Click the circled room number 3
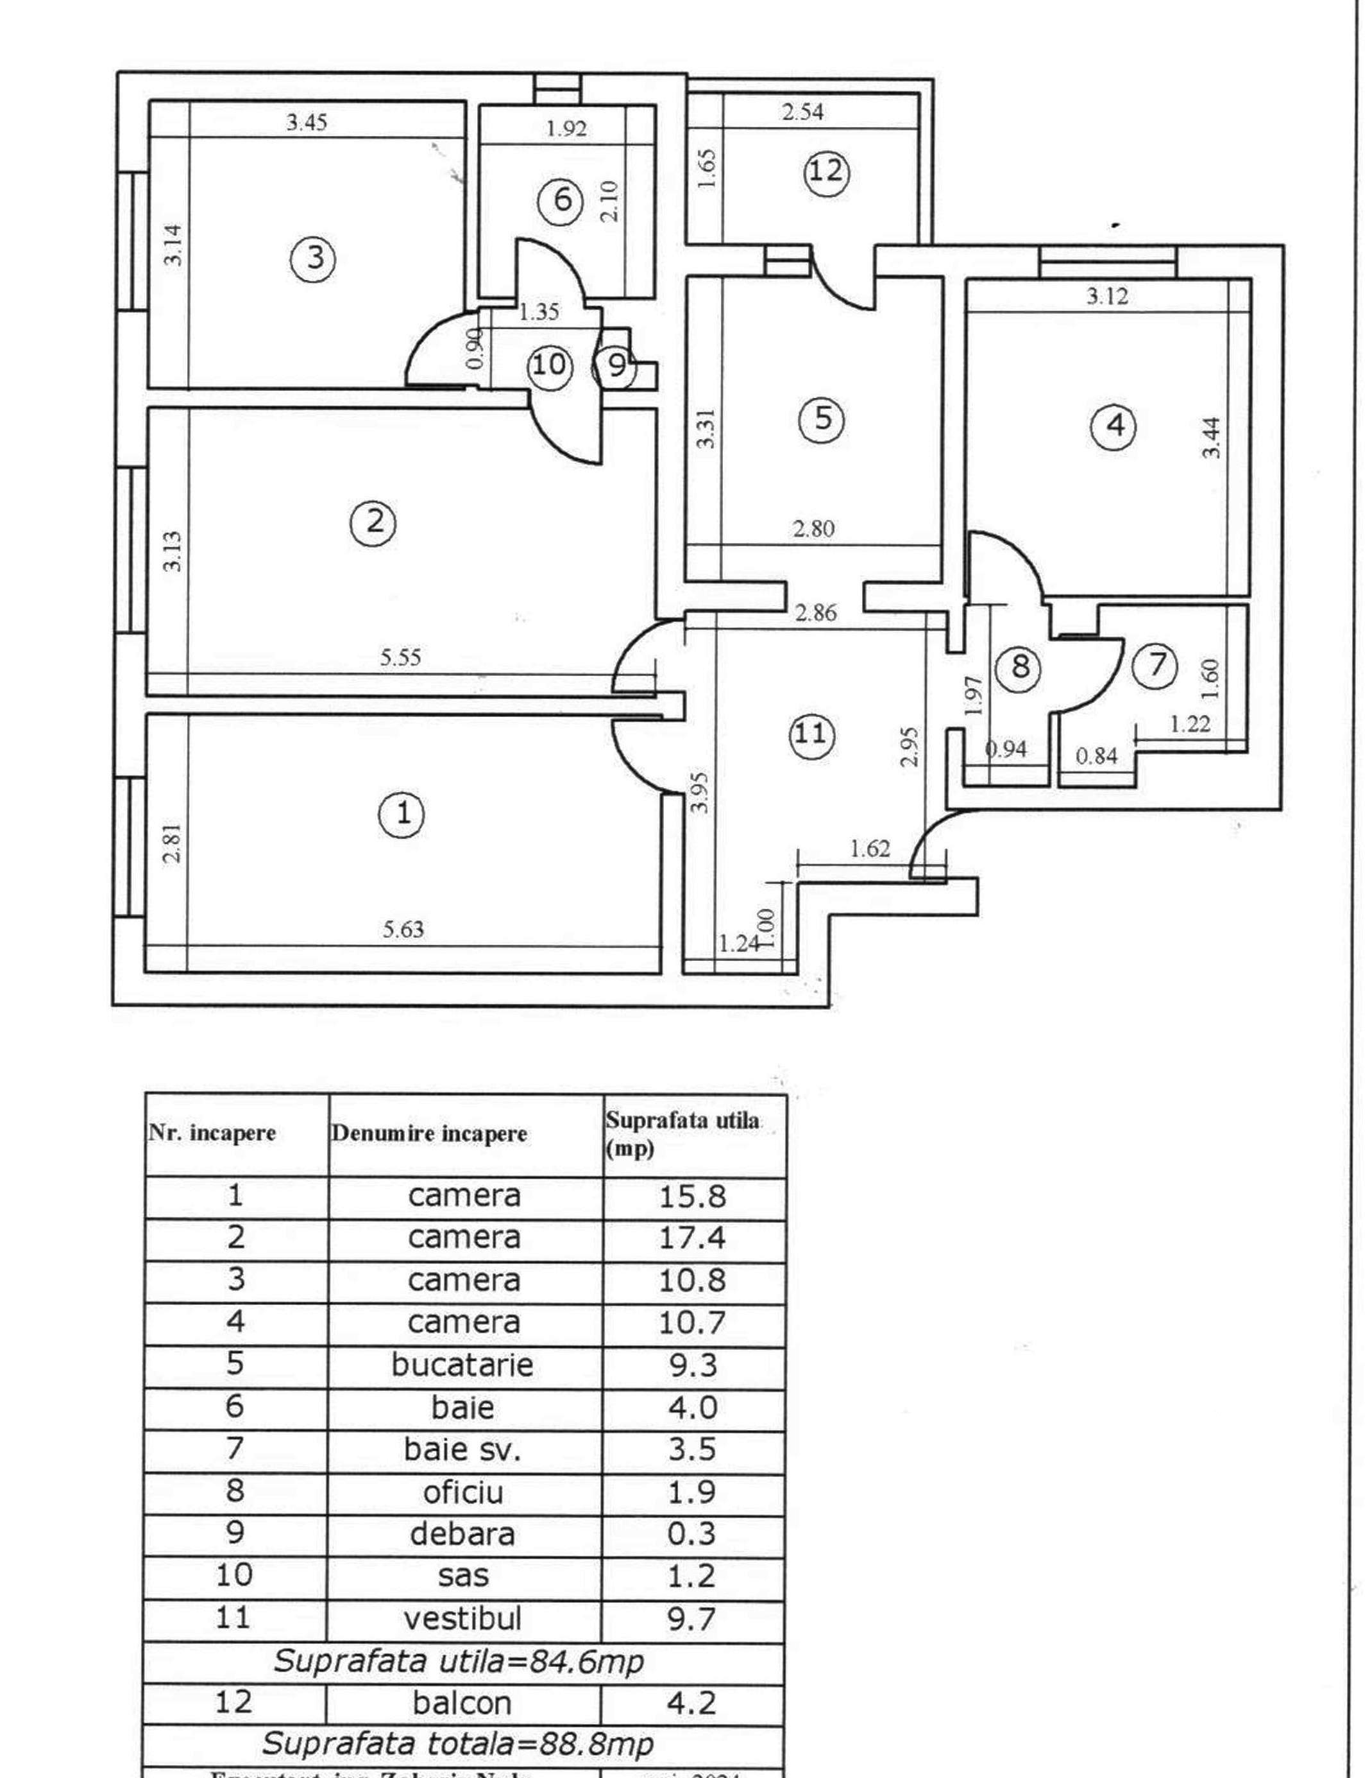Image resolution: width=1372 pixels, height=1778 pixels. (x=314, y=258)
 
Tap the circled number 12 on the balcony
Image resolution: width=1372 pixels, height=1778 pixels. (x=827, y=172)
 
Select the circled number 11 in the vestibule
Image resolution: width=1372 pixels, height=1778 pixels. (x=811, y=734)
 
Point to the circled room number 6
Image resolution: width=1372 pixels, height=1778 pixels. (x=563, y=200)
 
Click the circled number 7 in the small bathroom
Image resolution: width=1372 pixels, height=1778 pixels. (x=1156, y=664)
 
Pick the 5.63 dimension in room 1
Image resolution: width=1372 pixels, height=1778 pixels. (x=403, y=928)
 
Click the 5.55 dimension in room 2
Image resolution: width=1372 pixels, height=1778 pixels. (x=400, y=657)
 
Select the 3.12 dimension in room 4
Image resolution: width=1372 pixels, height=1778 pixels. (x=1108, y=297)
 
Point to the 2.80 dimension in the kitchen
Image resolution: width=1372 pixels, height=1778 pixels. (x=813, y=529)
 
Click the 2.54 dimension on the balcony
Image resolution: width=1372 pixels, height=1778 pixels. (x=802, y=112)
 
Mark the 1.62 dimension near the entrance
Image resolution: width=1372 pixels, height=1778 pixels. (x=870, y=849)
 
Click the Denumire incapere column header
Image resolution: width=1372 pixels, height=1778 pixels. (x=429, y=1134)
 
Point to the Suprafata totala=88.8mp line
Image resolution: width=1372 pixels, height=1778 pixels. (x=457, y=1743)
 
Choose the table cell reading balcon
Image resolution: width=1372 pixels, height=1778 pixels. (x=462, y=1702)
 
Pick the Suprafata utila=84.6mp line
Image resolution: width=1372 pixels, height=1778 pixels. (x=458, y=1661)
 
